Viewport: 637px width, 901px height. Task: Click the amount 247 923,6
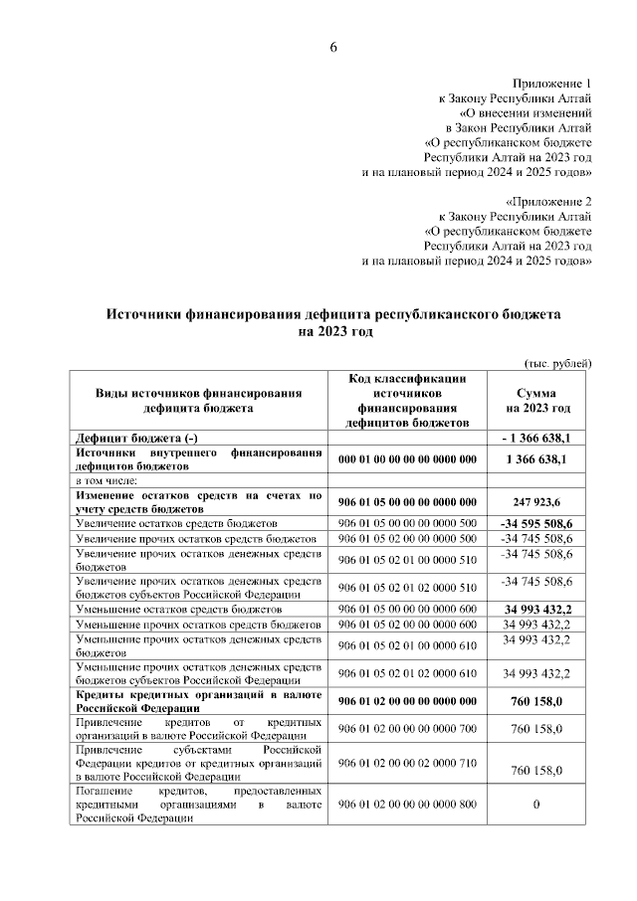pyautogui.click(x=537, y=503)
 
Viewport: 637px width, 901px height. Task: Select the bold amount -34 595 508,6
pyautogui.click(x=543, y=522)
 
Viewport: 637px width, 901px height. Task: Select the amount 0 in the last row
pyautogui.click(x=536, y=804)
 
